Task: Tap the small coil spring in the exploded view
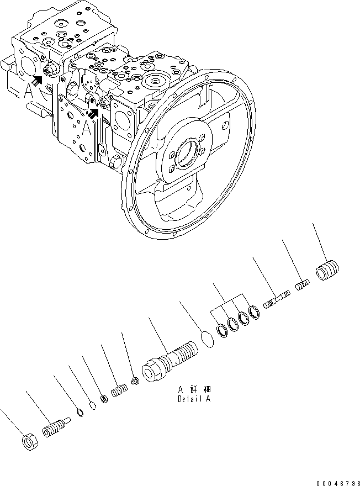point(119,392)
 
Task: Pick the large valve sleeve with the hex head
point(168,360)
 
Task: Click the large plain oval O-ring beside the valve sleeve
point(205,338)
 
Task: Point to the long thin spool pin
point(276,300)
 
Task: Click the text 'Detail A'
point(194,398)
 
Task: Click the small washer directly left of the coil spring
point(104,399)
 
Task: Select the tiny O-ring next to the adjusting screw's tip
point(81,413)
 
